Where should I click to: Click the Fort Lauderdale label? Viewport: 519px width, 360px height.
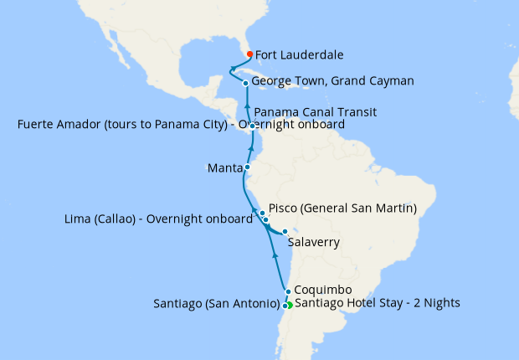point(299,55)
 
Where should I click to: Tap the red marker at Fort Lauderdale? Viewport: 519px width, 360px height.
point(249,55)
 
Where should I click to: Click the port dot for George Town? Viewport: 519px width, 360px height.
point(245,83)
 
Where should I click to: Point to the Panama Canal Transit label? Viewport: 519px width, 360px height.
point(315,111)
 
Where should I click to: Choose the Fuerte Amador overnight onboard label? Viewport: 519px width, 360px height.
point(180,125)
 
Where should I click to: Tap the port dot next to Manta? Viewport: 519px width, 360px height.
point(248,167)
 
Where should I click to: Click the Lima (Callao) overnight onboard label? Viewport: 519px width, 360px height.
point(158,219)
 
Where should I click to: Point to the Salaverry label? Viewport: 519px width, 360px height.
point(315,243)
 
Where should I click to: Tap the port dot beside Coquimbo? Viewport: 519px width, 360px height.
point(288,292)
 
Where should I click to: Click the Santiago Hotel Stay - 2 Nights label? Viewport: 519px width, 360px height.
point(378,303)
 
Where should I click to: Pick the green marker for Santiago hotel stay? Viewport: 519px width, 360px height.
point(290,305)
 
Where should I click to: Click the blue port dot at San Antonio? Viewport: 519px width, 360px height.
point(285,306)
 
